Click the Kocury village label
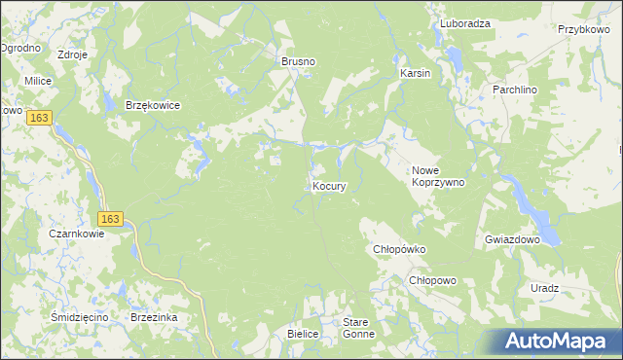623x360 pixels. (329, 185)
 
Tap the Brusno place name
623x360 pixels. (299, 61)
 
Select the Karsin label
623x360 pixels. (415, 73)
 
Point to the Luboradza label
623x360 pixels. (464, 23)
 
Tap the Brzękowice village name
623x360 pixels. (153, 106)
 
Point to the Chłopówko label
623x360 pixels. (401, 249)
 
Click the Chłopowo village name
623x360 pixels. (432, 280)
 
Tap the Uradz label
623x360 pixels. (545, 288)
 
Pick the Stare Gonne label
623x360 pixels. (358, 327)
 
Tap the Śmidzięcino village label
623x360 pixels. (78, 317)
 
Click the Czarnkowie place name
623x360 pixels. (77, 234)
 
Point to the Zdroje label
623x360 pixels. (73, 54)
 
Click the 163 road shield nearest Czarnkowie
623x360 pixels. (109, 219)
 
